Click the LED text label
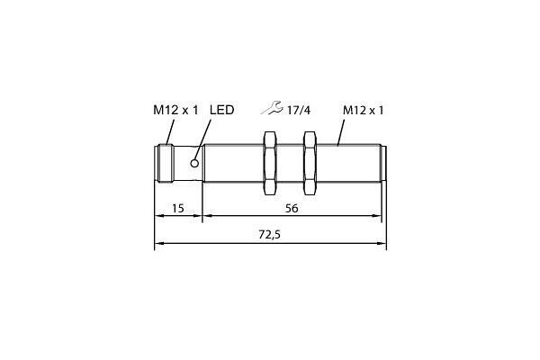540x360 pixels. [x=221, y=110]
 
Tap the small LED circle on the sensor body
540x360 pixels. [x=194, y=163]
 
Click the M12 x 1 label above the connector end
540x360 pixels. [x=175, y=110]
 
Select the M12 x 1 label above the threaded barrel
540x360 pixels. [x=363, y=110]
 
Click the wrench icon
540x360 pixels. [x=272, y=107]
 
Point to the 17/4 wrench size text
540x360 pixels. [x=299, y=110]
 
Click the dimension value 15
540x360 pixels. [x=177, y=209]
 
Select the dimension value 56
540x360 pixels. [x=292, y=209]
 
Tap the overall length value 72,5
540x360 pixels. [x=270, y=235]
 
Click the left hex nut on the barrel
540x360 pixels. [x=270, y=163]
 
